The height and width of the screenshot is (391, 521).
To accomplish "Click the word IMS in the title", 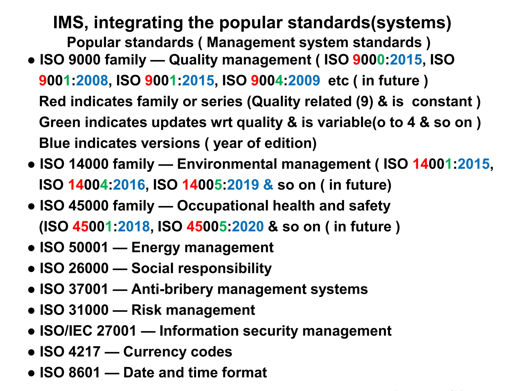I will click(x=68, y=22).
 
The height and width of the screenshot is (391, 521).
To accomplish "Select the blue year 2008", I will click(x=92, y=80).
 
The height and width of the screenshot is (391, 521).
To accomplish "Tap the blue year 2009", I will click(x=304, y=80).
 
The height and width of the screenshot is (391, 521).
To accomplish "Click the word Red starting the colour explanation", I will click(x=52, y=101).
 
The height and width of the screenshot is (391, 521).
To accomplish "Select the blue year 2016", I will click(x=129, y=185).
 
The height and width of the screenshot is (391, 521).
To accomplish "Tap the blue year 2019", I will click(x=243, y=185).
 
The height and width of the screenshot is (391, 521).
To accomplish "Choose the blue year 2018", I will click(x=134, y=227).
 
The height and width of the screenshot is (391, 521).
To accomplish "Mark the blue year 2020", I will click(x=248, y=227).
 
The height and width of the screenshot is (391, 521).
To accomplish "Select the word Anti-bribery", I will click(x=172, y=289).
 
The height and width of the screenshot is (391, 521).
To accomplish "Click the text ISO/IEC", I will click(x=66, y=331).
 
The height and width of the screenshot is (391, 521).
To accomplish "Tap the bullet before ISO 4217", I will click(x=31, y=353).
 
